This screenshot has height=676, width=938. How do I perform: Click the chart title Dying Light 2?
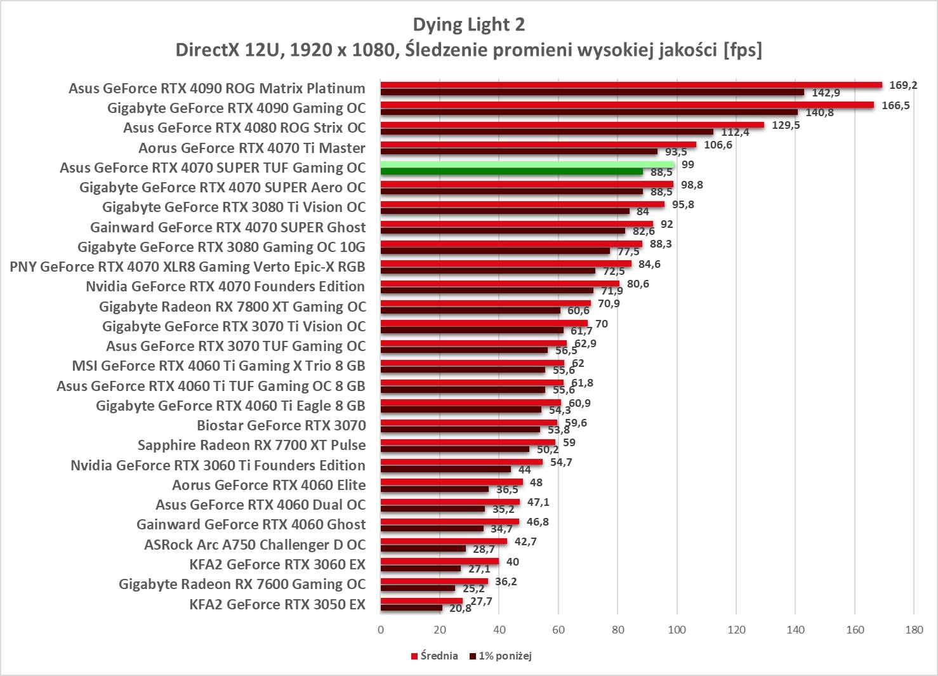(x=468, y=25)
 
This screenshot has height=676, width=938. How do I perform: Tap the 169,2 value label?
(x=903, y=85)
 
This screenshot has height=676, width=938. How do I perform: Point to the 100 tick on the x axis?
(x=677, y=630)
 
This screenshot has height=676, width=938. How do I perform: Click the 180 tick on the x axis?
(x=914, y=630)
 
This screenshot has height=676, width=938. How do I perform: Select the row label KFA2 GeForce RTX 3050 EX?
(x=277, y=604)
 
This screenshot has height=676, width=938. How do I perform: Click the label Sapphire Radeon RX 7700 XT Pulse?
(x=251, y=446)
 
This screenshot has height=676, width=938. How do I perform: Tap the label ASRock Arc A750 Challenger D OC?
(x=254, y=545)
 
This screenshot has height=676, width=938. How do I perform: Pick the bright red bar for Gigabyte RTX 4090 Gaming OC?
(x=627, y=105)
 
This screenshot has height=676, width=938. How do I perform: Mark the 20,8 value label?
(x=460, y=608)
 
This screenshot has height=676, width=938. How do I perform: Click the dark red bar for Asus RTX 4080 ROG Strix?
(x=546, y=132)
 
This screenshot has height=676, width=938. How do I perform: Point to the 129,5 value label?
(x=786, y=125)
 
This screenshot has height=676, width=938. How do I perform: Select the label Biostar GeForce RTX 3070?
(x=281, y=425)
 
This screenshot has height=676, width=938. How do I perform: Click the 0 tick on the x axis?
(x=381, y=630)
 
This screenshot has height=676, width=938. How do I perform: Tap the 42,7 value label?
(x=525, y=541)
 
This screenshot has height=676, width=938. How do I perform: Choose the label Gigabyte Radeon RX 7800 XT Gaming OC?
(x=232, y=307)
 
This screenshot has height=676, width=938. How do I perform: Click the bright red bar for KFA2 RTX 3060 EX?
(x=440, y=561)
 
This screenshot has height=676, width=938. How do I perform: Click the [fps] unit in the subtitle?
(x=743, y=50)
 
